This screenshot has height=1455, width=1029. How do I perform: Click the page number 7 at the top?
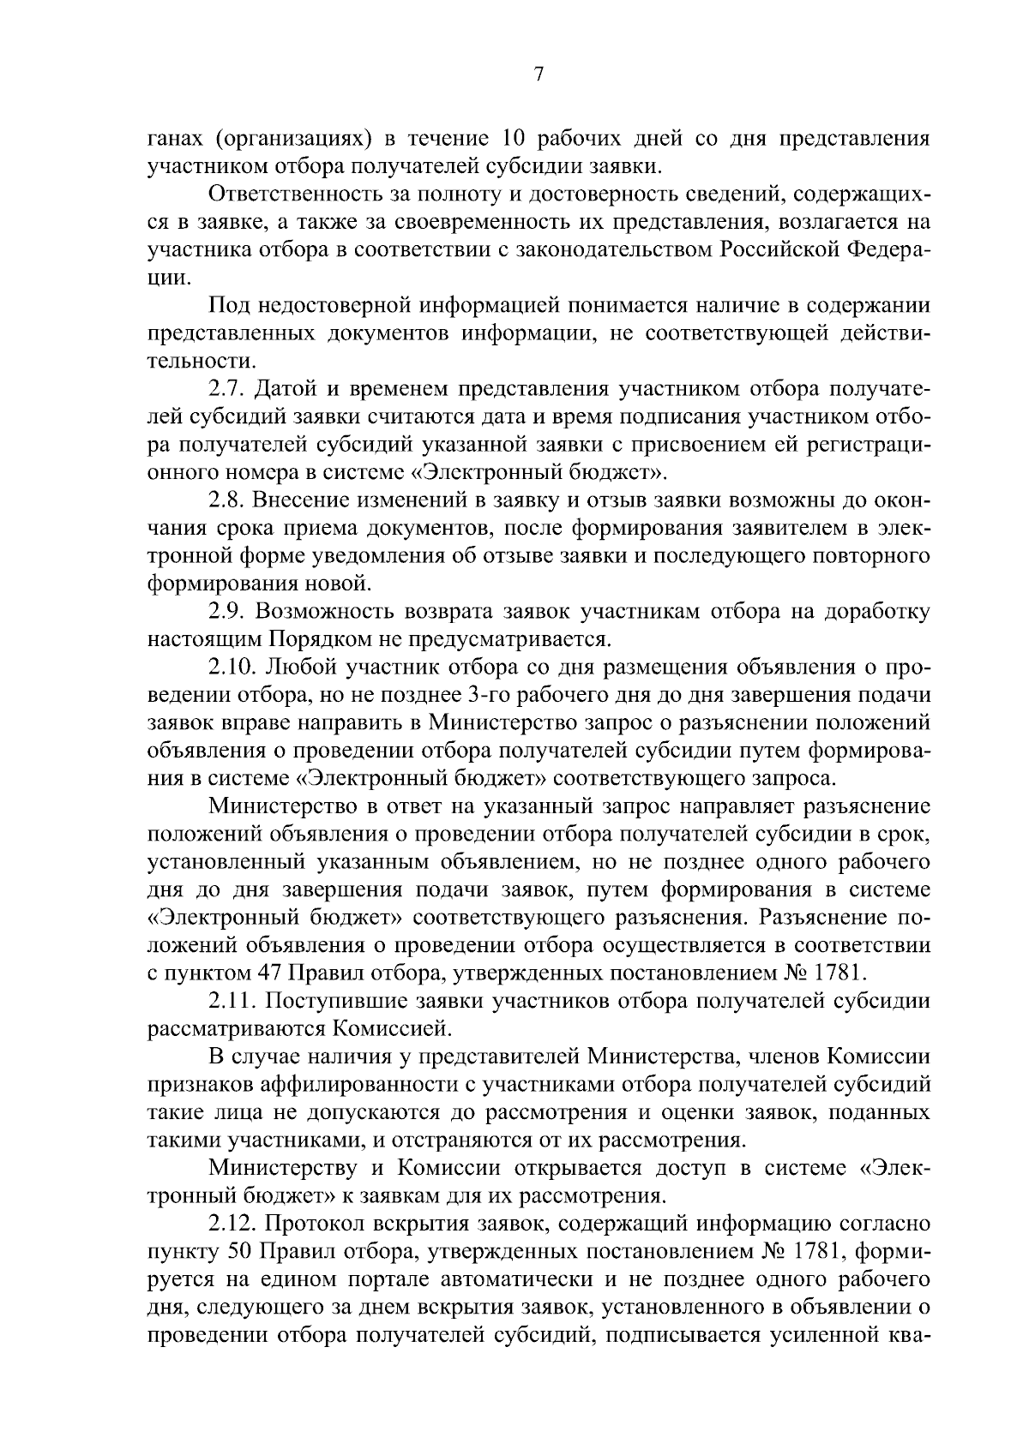pos(539,75)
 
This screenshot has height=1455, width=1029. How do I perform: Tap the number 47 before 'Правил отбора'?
pos(265,973)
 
